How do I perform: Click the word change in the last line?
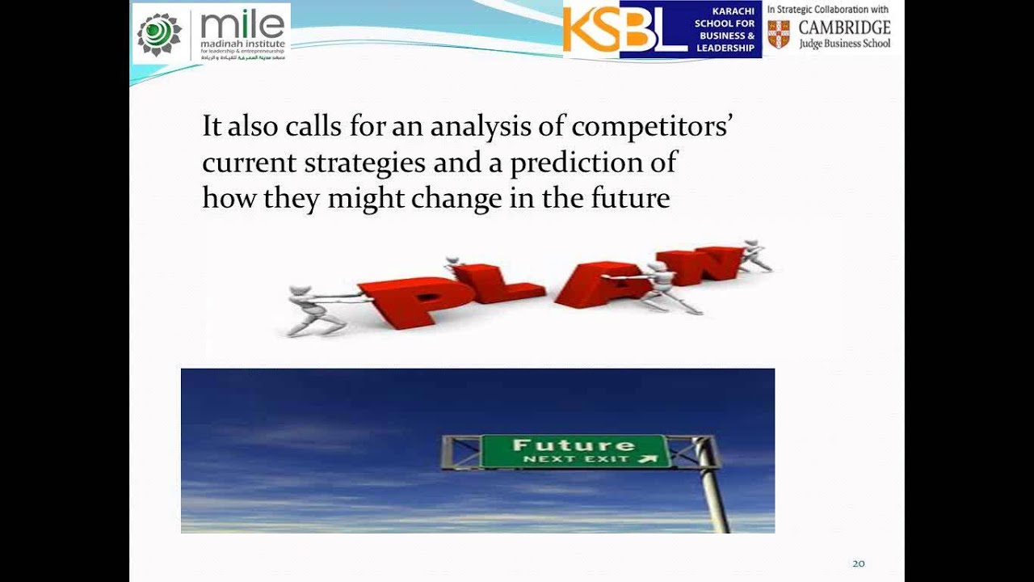(457, 198)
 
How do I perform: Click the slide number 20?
(859, 563)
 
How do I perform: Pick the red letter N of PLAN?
(700, 264)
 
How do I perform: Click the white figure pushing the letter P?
(317, 310)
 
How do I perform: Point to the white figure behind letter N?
(754, 255)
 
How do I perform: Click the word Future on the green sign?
(574, 445)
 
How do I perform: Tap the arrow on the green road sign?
(645, 459)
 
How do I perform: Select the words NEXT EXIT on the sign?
(577, 459)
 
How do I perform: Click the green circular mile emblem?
(159, 34)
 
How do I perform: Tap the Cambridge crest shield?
(779, 34)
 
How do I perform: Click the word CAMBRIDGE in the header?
(844, 27)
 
